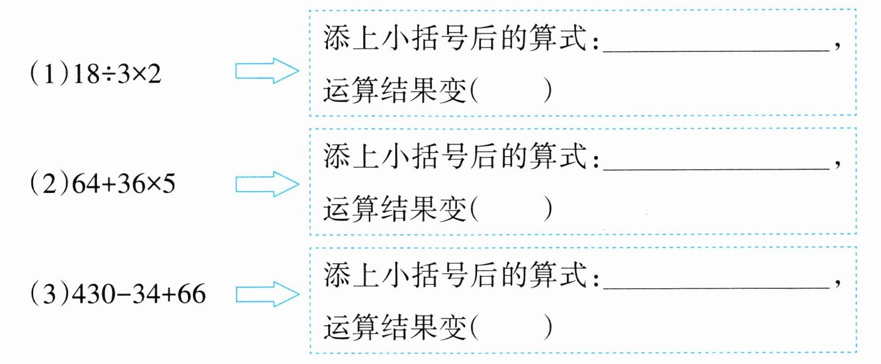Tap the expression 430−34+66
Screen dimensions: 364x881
[x=140, y=294]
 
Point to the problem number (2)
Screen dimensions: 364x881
[x=43, y=185]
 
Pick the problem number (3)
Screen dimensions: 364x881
[x=43, y=294]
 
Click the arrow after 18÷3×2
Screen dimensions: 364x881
[x=266, y=72]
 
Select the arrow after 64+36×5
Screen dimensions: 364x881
[x=266, y=184]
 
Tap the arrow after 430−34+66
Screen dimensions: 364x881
[x=266, y=294]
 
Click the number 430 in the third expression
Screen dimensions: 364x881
[x=90, y=294]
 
